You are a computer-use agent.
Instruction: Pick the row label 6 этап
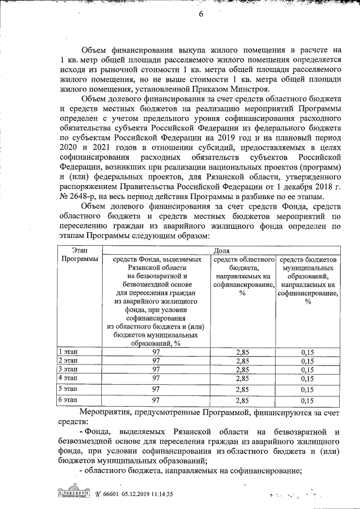(69, 400)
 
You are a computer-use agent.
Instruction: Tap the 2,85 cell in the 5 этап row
(242, 389)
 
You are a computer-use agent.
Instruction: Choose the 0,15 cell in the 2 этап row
(307, 361)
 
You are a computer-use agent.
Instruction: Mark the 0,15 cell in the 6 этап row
(307, 401)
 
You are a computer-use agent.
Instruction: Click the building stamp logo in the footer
(73, 493)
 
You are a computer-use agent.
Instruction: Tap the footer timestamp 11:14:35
(157, 494)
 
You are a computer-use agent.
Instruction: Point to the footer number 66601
(111, 494)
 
